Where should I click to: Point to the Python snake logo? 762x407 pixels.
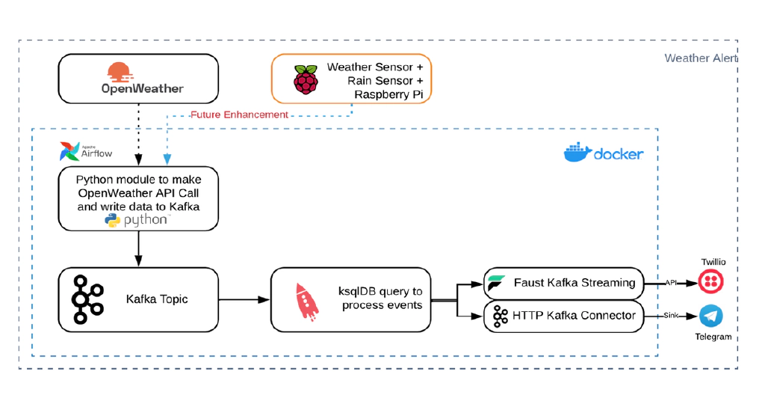[x=113, y=220]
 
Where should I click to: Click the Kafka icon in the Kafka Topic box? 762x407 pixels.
[x=88, y=299]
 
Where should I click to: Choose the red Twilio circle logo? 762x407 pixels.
[x=710, y=281]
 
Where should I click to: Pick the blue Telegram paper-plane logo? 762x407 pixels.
[x=710, y=316]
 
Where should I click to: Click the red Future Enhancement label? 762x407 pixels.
[x=239, y=114]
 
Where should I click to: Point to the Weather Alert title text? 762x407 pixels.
[x=701, y=58]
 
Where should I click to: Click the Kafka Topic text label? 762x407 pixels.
[x=157, y=299]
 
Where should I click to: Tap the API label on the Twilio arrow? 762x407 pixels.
[x=671, y=283]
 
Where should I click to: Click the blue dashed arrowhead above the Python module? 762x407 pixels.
[x=167, y=159]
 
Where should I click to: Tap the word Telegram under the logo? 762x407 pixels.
[x=713, y=337]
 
